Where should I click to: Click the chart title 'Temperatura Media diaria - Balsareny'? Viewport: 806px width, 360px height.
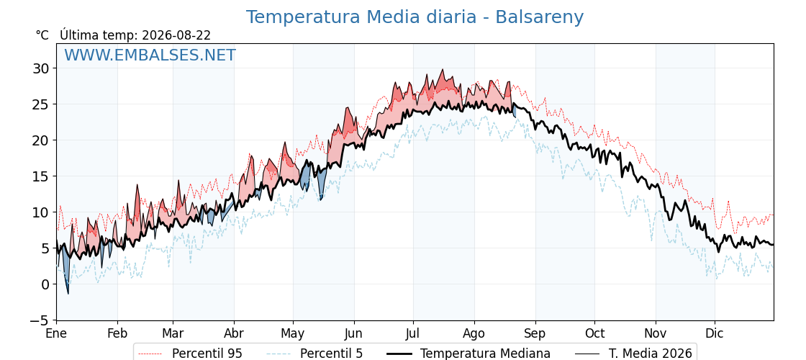415,17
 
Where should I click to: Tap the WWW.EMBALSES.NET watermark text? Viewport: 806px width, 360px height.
150,55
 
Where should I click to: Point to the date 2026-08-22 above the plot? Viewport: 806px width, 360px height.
176,35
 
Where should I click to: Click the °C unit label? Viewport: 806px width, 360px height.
42,35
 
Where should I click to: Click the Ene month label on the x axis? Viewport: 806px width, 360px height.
56,334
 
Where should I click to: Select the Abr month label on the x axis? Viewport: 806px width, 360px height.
234,334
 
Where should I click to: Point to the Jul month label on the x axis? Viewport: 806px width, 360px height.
413,334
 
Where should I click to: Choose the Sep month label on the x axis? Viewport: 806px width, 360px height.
535,334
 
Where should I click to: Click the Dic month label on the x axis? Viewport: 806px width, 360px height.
715,334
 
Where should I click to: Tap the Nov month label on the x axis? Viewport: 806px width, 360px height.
656,334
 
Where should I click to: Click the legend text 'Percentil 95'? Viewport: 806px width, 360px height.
207,354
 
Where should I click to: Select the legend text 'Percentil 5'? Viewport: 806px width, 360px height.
332,354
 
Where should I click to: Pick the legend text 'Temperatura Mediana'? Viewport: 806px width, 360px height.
485,354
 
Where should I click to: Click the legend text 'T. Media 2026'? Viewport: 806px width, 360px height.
651,354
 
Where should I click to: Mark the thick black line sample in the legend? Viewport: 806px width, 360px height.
399,354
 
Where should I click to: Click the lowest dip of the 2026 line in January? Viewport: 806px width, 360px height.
68,294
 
